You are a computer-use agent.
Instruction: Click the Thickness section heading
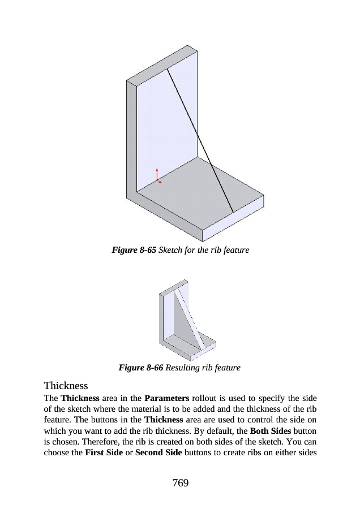coord(66,386)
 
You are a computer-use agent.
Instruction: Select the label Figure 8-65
coord(133,249)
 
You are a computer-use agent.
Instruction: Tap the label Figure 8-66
coord(140,368)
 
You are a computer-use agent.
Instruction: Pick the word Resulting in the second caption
coord(184,368)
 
